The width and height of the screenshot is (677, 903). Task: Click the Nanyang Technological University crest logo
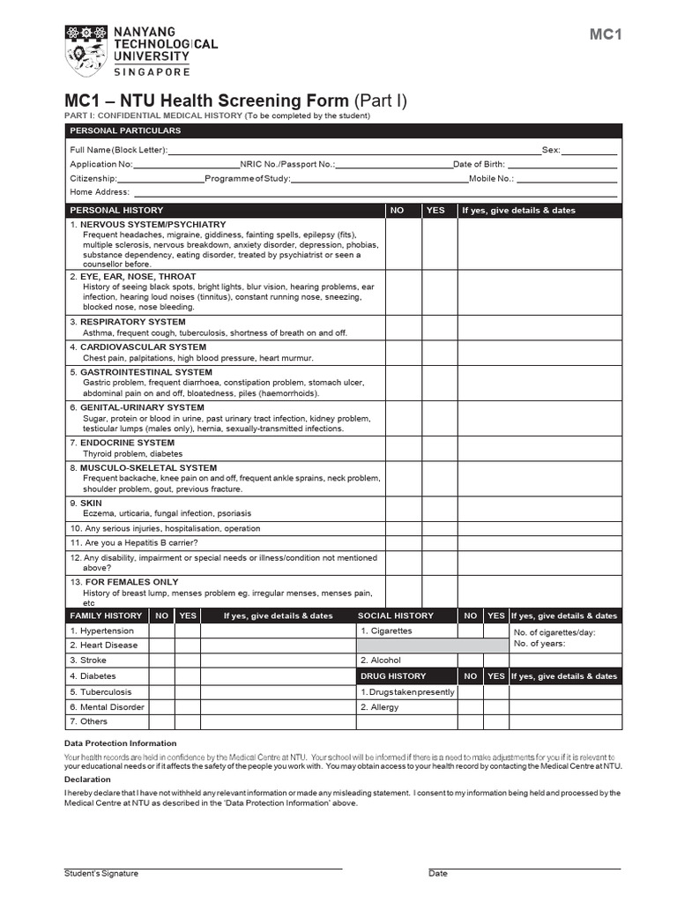86,51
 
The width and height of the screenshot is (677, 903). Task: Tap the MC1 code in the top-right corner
606,34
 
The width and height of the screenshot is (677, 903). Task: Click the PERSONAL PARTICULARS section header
125,131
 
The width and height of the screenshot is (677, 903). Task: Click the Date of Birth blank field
562,164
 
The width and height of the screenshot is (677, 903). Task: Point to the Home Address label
100,191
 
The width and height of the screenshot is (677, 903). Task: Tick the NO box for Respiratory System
403,327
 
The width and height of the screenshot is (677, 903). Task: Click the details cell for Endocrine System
539,448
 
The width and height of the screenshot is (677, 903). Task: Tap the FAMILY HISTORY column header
105,616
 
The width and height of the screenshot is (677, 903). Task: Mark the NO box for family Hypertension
161,631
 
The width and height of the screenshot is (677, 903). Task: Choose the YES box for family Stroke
188,660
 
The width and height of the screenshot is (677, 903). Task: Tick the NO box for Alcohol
470,660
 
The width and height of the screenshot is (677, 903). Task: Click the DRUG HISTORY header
393,676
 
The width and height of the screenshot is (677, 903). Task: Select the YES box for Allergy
496,707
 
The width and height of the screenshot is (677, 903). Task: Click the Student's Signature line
203,868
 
